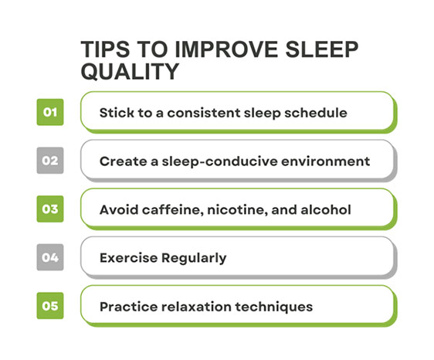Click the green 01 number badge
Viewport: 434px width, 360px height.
(x=50, y=112)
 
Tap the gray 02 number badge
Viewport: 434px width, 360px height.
(x=50, y=161)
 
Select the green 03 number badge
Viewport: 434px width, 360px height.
(x=50, y=209)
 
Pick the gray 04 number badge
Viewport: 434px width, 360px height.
(x=50, y=257)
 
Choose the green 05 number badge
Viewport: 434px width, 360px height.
(x=50, y=306)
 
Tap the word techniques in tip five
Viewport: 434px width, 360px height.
(x=276, y=307)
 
